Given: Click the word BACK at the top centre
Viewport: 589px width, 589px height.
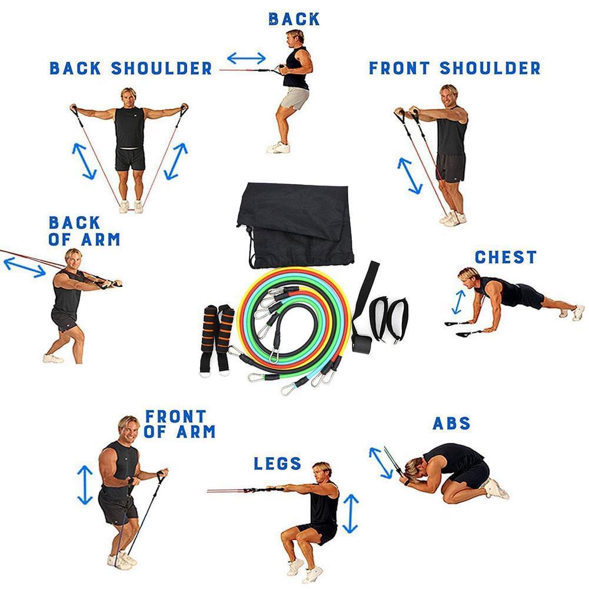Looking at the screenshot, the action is click(294, 19).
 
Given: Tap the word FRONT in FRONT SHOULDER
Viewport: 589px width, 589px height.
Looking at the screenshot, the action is click(399, 68).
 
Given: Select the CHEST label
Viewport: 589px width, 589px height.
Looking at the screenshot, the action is click(505, 257).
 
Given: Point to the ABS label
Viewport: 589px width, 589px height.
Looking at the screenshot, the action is click(451, 423).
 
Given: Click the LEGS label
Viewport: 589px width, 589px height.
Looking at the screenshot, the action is click(278, 464).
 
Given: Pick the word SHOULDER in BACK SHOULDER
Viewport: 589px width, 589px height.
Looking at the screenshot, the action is click(162, 68).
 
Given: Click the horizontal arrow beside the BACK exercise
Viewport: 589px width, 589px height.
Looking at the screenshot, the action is click(247, 58).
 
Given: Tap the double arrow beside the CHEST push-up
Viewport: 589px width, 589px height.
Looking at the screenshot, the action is click(458, 302).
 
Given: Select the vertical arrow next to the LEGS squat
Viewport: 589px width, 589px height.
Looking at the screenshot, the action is click(351, 514).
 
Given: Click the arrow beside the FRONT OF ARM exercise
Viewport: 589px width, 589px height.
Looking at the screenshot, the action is click(85, 485).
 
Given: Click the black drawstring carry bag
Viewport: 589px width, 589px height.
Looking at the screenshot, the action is click(295, 225).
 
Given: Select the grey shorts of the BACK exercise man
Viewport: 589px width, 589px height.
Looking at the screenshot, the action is click(294, 98).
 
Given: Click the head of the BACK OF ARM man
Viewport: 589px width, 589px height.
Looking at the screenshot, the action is click(73, 259).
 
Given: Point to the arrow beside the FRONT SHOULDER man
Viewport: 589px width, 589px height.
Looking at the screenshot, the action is click(410, 176).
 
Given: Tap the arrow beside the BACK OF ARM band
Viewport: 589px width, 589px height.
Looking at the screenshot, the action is click(24, 267).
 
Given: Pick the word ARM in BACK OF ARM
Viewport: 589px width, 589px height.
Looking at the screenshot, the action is click(100, 239).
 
